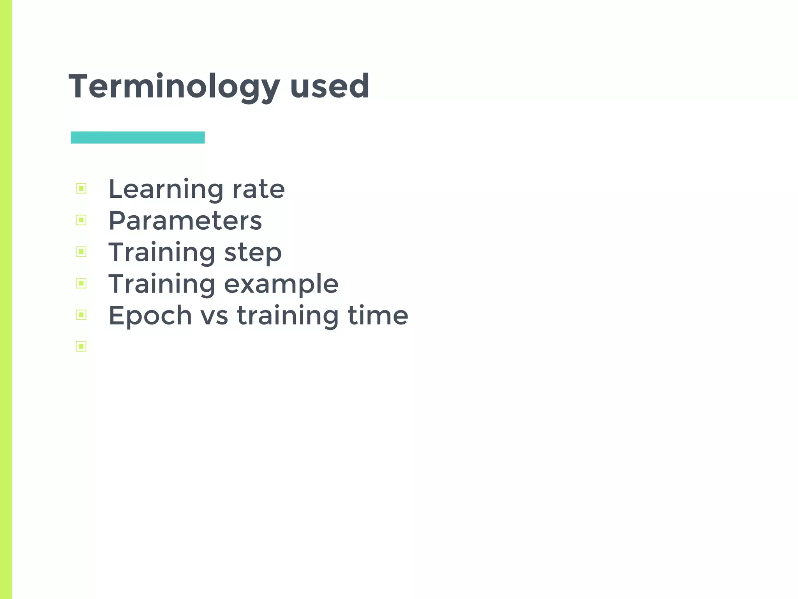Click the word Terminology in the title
[174, 87]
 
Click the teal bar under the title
[138, 137]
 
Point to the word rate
[259, 190]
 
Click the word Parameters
[185, 221]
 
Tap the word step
[253, 253]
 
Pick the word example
[281, 284]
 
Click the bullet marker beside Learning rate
[81, 189]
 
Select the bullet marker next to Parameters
[81, 220]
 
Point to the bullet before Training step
[81, 252]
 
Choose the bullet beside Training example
[81, 283]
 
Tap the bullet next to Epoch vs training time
[81, 315]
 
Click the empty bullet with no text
[81, 346]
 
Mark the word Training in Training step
[162, 253]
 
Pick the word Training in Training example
[162, 284]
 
